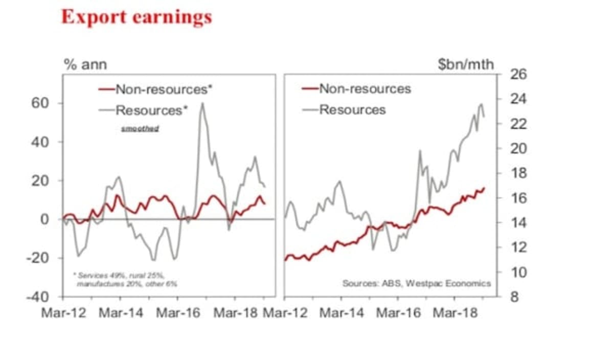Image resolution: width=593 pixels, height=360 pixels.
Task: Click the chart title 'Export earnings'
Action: coord(136,16)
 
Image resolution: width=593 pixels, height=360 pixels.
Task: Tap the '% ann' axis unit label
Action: coord(85,64)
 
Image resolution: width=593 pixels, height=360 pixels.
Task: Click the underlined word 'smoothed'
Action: coord(140,128)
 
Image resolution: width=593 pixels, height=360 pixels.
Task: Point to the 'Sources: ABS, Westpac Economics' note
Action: coord(416,283)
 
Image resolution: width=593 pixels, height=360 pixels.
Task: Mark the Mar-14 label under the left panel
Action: coord(121,313)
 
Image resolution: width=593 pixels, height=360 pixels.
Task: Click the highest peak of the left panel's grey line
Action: coord(202,103)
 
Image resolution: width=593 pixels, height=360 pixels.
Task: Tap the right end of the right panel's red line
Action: coord(484,188)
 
